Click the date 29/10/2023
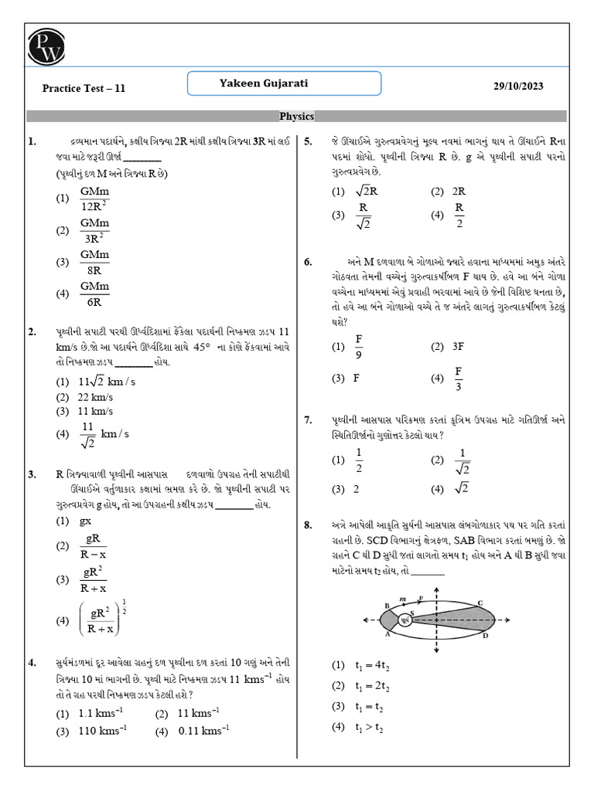pos(518,87)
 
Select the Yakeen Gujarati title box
pos(285,83)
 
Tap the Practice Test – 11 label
pos(84,88)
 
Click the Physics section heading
pos(296,117)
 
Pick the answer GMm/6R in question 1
pos(94,293)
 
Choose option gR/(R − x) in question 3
pos(94,545)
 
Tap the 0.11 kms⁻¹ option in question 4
pos(203,730)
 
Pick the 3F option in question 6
pos(457,347)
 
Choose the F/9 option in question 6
pos(359,347)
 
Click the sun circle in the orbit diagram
pos(406,619)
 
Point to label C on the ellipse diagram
pos(480,603)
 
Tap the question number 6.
pos(307,262)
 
